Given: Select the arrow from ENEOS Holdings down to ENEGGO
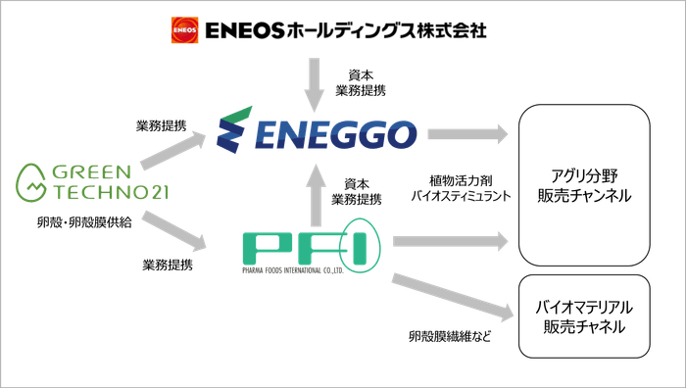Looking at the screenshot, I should [314, 83].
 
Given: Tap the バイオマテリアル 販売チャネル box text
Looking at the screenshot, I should [584, 315].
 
